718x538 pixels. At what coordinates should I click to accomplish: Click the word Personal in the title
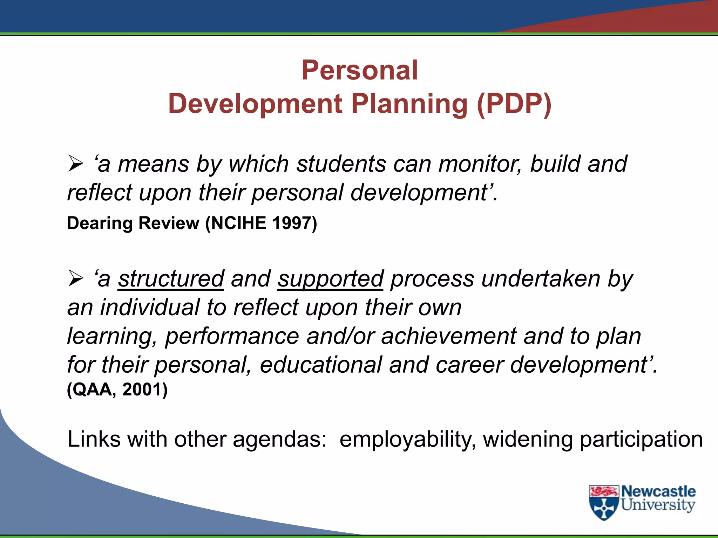tap(360, 70)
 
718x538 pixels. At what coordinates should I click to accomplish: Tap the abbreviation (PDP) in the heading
tap(514, 104)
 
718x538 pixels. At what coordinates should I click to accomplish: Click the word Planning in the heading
tap(409, 104)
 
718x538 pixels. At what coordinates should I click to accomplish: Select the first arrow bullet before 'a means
tap(75, 164)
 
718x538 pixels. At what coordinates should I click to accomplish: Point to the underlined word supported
tap(331, 279)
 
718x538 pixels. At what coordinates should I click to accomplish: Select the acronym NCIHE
tap(239, 223)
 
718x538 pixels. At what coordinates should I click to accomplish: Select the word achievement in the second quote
tap(449, 336)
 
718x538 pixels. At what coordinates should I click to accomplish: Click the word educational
tap(320, 365)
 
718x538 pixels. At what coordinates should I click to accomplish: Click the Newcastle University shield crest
tap(603, 503)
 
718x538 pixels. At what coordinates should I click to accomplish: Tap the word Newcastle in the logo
tap(658, 491)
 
